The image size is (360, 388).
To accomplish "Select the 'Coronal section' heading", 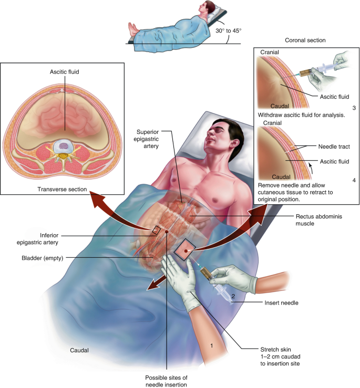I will [305, 40].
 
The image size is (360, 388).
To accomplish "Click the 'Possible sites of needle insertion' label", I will [166, 381].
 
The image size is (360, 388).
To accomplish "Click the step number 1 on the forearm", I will [212, 346].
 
